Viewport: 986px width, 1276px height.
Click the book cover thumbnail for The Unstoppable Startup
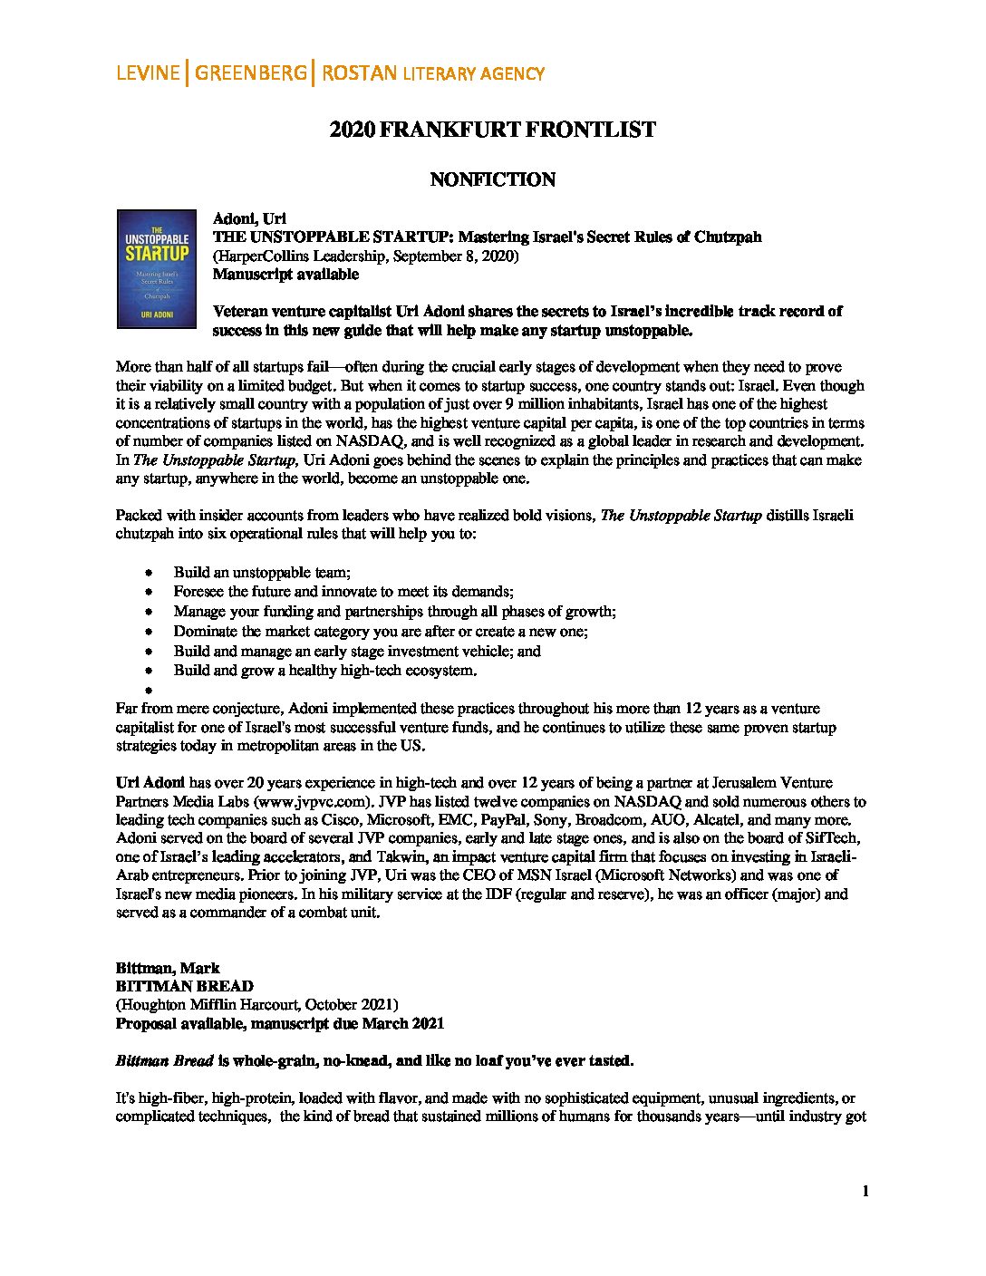157,268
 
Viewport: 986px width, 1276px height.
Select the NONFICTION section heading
492,179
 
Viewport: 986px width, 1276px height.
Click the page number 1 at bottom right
865,1191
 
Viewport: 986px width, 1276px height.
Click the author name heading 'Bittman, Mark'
168,968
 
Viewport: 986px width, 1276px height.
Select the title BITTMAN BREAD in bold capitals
184,986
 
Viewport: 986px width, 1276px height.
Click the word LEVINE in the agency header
148,73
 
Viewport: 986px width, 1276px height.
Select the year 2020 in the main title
352,130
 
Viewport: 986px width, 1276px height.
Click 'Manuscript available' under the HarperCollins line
285,274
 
